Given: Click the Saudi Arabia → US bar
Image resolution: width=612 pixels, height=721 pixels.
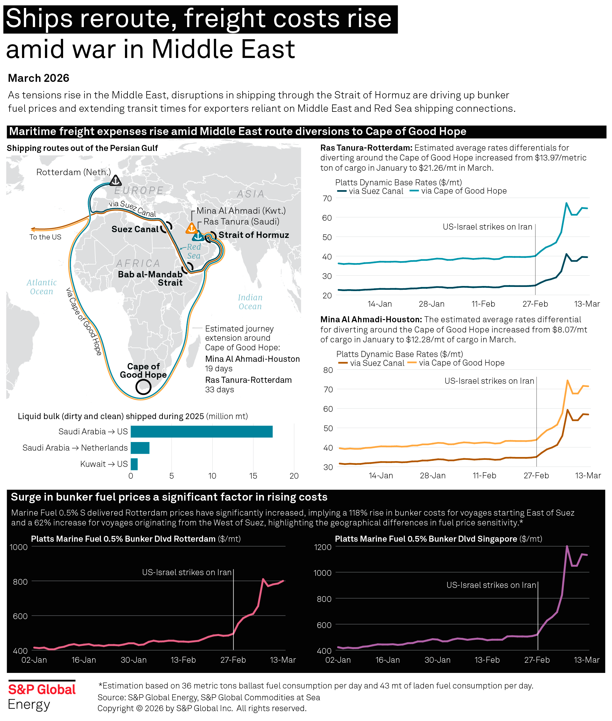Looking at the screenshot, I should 201,432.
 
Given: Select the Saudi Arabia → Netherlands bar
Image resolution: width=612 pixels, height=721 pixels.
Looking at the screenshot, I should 140,448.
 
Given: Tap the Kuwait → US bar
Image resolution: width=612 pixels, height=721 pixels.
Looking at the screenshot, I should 134,464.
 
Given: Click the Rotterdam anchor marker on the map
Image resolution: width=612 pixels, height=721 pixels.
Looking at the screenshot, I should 115,181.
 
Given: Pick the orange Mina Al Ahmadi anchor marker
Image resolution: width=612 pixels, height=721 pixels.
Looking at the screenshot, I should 191,228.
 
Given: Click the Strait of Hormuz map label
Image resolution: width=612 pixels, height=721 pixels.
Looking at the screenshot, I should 253,235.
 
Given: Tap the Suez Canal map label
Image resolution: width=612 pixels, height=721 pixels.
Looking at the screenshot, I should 135,229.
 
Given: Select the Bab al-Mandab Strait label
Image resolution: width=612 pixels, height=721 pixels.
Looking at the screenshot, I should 150,278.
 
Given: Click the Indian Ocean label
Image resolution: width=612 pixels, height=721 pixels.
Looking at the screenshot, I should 250,302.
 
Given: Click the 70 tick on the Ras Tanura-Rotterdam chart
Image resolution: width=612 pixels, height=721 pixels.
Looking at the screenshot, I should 327,198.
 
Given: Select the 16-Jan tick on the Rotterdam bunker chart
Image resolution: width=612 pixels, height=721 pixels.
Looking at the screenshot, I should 84,660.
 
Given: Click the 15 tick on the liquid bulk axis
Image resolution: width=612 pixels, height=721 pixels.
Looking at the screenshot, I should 253,476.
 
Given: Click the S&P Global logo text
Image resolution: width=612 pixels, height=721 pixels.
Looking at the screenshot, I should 42,689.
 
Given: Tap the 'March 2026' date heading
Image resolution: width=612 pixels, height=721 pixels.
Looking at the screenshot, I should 39,78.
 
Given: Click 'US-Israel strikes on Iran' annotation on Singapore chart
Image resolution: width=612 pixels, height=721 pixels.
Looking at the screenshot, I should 491,585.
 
